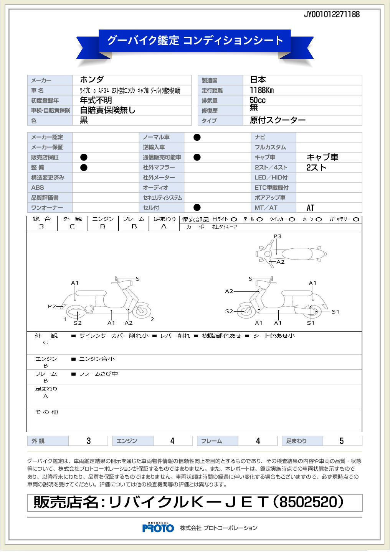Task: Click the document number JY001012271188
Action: [x=332, y=15]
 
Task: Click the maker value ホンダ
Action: [x=92, y=80]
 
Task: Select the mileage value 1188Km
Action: [x=262, y=90]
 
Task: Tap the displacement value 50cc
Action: [x=258, y=100]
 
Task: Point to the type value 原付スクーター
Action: [x=278, y=120]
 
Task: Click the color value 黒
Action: [x=84, y=120]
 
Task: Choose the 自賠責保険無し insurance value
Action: [x=107, y=110]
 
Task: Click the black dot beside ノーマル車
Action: [x=197, y=137]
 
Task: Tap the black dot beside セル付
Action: [x=197, y=207]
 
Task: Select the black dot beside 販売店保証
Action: [x=84, y=157]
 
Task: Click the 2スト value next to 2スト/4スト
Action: [x=316, y=167]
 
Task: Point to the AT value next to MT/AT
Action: [x=311, y=208]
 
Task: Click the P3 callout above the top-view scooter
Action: [x=278, y=236]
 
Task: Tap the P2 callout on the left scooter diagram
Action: [x=52, y=306]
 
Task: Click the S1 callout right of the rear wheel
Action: [x=335, y=312]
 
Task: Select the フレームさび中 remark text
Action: [x=98, y=374]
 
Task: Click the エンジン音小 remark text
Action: [x=97, y=359]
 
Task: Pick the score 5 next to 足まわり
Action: [x=342, y=441]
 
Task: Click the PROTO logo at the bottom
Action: [x=158, y=528]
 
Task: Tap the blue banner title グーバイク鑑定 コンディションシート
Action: [x=195, y=40]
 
